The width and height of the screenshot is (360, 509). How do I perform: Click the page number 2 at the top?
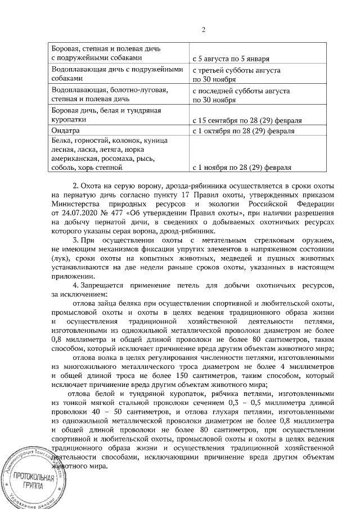click(x=204, y=30)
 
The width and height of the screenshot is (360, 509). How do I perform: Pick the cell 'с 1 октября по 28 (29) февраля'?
click(x=243, y=131)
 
